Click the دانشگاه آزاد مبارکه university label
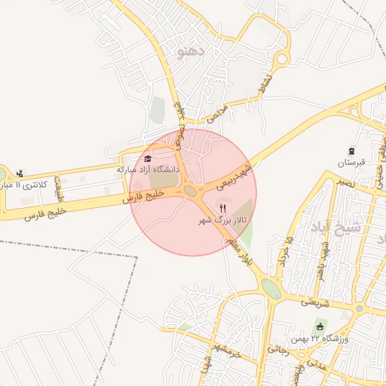pos(149,170)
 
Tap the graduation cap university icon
pos(148,158)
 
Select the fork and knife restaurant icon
pos(222,208)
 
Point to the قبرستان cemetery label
pos(351,162)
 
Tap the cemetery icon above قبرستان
pos(351,150)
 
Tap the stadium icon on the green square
pos(321,326)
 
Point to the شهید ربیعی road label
pos(234,176)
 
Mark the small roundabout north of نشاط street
pos(283,58)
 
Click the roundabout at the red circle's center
pos(191,192)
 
